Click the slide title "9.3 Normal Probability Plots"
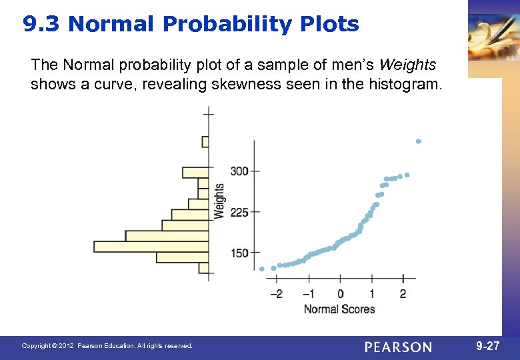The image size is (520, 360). click(191, 25)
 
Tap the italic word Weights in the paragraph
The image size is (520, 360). click(407, 65)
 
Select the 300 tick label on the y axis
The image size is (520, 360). click(239, 171)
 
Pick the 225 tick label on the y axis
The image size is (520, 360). click(239, 212)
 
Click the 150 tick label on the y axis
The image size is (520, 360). click(239, 253)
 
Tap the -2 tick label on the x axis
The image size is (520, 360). click(275, 294)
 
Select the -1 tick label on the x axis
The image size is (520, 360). click(308, 294)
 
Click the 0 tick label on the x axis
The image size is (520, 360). click(341, 294)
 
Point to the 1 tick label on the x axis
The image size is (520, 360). click(372, 294)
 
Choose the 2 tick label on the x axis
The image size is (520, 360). click(403, 294)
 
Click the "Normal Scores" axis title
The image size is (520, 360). click(339, 309)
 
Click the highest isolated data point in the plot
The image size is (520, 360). click(418, 141)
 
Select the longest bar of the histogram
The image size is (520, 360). click(151, 247)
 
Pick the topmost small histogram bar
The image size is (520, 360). click(205, 141)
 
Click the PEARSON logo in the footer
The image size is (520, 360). click(398, 347)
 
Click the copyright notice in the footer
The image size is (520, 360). click(107, 346)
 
